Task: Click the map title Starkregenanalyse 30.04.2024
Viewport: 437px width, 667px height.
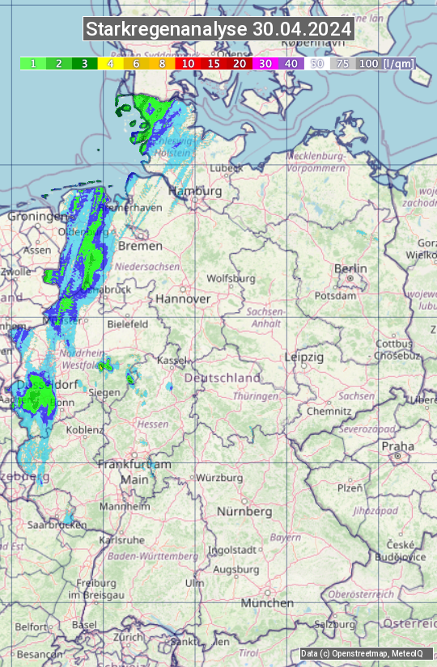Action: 218,30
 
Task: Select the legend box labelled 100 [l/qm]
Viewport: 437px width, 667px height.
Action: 385,63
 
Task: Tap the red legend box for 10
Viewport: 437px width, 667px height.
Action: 188,63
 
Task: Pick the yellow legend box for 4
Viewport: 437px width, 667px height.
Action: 110,63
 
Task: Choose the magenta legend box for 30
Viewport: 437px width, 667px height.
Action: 265,63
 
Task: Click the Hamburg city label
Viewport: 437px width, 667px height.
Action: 195,192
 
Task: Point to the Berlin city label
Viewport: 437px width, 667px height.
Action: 350,268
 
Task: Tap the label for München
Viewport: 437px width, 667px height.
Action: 267,603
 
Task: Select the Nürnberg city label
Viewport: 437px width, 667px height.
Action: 244,512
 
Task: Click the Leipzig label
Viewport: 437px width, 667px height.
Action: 303,357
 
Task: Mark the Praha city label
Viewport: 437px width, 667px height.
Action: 397,446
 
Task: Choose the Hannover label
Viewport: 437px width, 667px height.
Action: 183,298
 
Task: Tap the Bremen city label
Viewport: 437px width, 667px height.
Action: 140,246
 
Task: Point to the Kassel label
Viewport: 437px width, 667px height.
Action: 172,360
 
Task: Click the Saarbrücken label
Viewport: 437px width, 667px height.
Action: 57,525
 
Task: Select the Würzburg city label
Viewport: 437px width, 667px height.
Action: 219,478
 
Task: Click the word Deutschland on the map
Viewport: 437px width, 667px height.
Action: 223,378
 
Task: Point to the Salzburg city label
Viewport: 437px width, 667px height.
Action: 335,625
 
